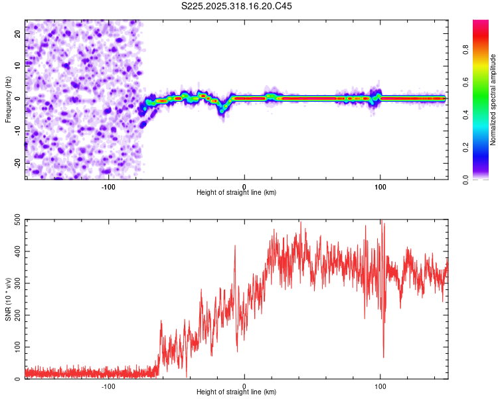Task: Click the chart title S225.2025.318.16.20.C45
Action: click(237, 6)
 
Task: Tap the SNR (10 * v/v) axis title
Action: click(8, 299)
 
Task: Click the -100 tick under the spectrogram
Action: click(108, 186)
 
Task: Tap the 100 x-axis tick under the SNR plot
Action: click(380, 386)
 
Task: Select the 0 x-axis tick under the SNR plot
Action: click(244, 386)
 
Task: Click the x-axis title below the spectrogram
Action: click(237, 193)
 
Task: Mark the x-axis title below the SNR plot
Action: click(237, 392)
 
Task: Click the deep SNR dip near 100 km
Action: click(383, 356)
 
